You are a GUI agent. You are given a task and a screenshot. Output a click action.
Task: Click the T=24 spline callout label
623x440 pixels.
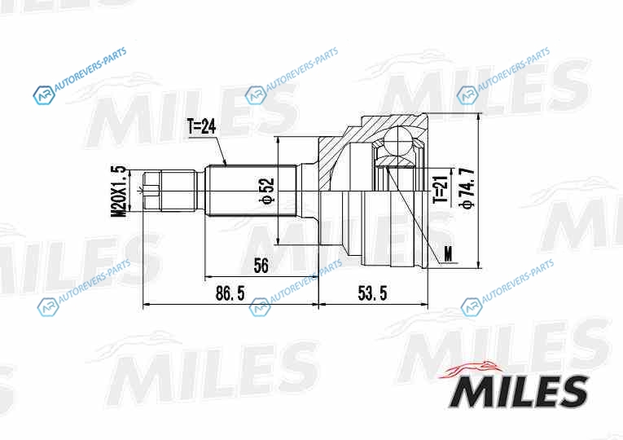coord(202,127)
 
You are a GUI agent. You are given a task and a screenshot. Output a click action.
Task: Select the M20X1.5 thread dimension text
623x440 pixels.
coord(118,191)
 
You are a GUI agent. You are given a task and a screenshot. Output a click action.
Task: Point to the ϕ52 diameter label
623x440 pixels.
coord(268,191)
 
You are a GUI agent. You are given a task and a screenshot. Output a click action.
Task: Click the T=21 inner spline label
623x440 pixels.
coord(441,188)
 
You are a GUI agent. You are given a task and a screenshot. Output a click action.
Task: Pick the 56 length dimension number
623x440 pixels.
coord(261,266)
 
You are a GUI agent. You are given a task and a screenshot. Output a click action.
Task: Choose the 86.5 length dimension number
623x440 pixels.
coord(230,293)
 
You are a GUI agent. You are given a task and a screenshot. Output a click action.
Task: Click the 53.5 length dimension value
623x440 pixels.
coord(372,293)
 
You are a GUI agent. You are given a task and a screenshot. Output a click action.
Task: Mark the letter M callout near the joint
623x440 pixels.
coord(448,253)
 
